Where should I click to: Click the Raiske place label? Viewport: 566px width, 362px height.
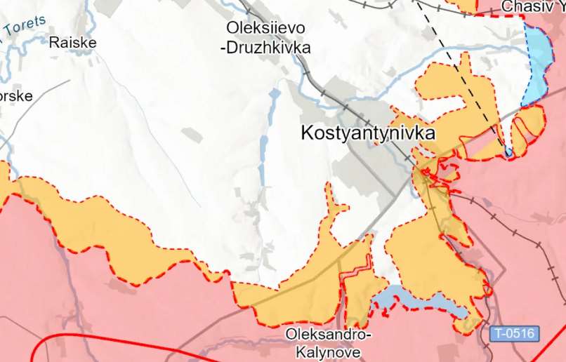coord(72,42)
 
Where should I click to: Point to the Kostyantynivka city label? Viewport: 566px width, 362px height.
coord(368,133)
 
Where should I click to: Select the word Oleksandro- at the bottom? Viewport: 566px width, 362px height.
coord(328,335)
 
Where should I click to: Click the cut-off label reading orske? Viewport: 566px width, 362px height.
coord(16,95)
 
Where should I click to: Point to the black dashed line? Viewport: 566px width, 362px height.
coord(456,63)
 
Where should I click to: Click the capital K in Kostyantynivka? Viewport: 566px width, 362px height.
coord(305,133)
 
